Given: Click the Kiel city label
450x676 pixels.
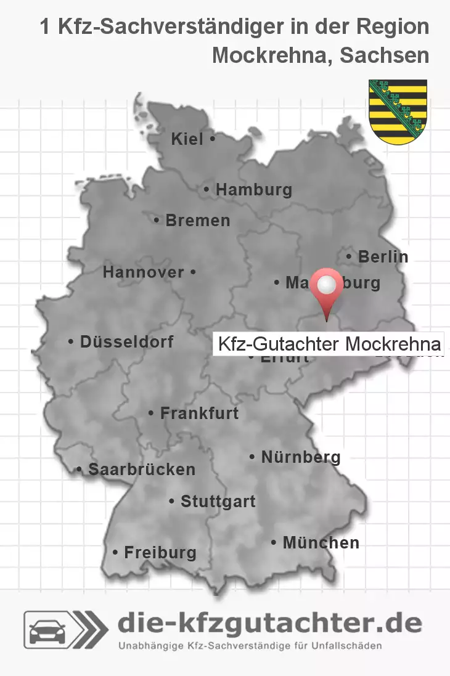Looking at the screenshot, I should [187, 140].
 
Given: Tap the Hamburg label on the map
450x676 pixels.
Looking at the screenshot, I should [253, 190].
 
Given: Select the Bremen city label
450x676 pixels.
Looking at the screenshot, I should [197, 220].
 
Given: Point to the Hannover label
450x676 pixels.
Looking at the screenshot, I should [144, 272].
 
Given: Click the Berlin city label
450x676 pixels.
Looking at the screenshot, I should [383, 256].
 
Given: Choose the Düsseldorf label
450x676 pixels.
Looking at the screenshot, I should [126, 341].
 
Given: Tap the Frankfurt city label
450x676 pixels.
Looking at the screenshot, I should [199, 413].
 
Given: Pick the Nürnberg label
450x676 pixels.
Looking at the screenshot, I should [301, 457].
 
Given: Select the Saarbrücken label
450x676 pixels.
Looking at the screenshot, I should [142, 470].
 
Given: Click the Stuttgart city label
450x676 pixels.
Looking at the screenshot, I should [218, 502].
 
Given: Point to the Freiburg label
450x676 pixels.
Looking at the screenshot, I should [160, 553].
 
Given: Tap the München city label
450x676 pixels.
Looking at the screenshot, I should [321, 543].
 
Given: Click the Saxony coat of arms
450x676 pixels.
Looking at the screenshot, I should [398, 112].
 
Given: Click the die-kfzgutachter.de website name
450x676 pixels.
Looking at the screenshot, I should [269, 624].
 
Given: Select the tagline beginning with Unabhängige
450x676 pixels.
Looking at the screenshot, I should [250, 646].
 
